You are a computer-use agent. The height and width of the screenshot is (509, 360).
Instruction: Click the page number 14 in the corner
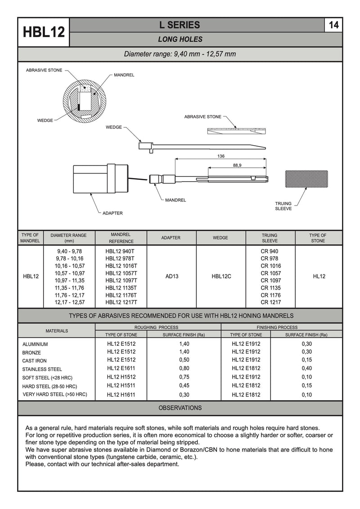pos(333,25)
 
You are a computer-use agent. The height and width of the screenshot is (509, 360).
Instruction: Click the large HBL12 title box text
pos(44,32)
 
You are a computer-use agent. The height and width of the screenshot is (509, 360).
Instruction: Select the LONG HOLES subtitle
pos(180,40)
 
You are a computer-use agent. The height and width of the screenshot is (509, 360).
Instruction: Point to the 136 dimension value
pos(220,156)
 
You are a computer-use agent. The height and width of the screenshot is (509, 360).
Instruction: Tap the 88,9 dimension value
pos(237,165)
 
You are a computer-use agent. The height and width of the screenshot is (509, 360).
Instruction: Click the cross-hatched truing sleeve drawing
pos(306,179)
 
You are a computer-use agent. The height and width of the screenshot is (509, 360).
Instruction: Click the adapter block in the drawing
pos(100,179)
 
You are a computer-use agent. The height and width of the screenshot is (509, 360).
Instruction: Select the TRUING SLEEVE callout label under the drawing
pos(283,206)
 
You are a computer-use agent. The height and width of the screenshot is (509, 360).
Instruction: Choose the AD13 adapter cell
pos(172,277)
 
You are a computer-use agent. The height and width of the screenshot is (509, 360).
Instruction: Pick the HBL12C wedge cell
pos(221,277)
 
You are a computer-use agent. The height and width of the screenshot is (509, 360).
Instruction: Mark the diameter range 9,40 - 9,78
pos(69,251)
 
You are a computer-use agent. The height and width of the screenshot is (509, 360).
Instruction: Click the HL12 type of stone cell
pos(319,277)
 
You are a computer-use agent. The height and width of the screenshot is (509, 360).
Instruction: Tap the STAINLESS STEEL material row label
pos(42,369)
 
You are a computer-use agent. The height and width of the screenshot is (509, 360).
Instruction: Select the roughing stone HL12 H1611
pos(121,395)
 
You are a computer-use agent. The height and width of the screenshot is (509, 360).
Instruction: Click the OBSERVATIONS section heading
pos(180,408)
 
